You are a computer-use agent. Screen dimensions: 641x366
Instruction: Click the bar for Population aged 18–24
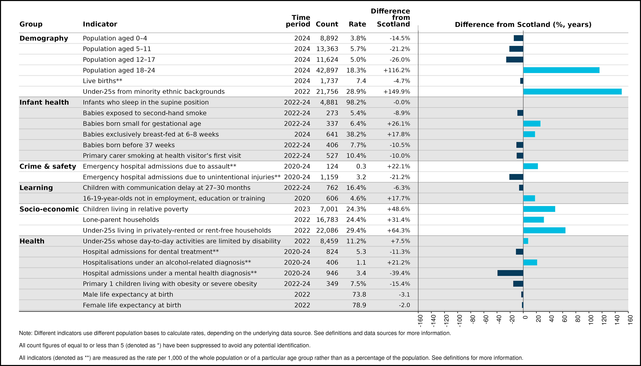pos(561,70)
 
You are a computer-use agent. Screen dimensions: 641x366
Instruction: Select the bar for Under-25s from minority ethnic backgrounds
pos(572,91)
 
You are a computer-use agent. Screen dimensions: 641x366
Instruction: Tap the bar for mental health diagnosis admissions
pos(510,273)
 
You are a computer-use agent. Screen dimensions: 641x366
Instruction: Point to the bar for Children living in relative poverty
pos(539,209)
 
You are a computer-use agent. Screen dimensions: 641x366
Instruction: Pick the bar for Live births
pos(522,81)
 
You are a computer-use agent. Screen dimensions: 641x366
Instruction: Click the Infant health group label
pos(44,102)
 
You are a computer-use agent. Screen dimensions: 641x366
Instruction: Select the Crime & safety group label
pos(48,166)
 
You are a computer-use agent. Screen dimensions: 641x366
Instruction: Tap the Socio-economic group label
pos(49,209)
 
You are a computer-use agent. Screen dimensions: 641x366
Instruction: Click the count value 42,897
pos(327,70)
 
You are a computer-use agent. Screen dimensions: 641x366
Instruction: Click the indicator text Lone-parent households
pos(121,220)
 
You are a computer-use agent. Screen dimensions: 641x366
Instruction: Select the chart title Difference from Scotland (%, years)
pos(523,24)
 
